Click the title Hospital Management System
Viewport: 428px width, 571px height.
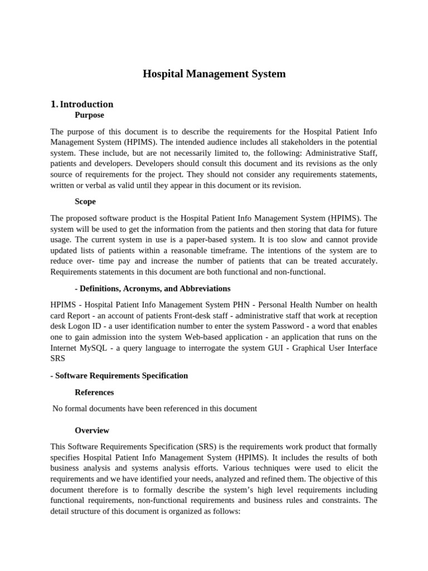[214, 74]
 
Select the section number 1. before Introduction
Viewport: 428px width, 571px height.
[53, 104]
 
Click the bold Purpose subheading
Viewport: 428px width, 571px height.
[89, 115]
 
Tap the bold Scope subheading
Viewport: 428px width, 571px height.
[85, 201]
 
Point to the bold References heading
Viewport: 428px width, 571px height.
[94, 393]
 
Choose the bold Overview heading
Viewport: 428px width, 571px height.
[92, 430]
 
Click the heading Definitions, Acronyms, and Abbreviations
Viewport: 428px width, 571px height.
[152, 288]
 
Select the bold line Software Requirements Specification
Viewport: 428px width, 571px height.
[119, 375]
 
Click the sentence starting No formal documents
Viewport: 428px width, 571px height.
[154, 409]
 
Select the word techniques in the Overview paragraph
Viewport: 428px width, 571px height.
[284, 468]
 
